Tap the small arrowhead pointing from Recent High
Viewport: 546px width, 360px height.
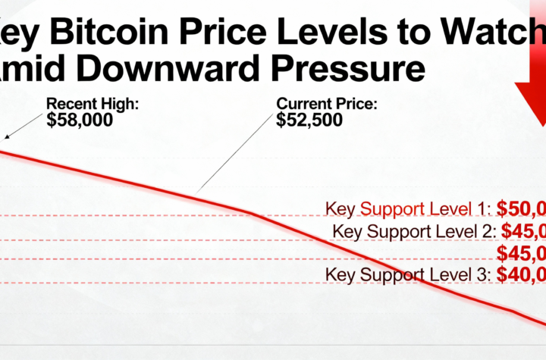(8, 136)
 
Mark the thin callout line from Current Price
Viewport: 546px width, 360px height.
(235, 155)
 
